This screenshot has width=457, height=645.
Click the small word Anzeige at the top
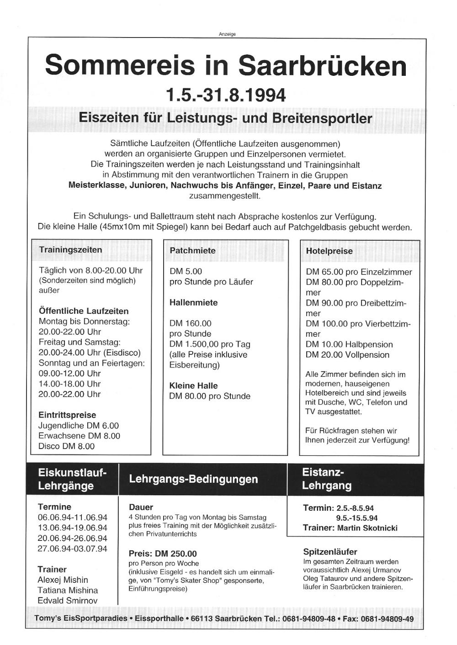(x=227, y=34)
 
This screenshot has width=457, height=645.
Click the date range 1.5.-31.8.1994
(x=226, y=95)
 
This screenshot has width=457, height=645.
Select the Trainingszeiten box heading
(x=70, y=250)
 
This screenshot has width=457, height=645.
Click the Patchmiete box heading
(x=192, y=251)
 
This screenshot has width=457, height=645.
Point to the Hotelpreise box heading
(x=329, y=251)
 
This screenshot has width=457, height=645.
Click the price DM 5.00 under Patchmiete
(x=186, y=271)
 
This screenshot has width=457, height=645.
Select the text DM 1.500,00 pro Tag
(x=210, y=344)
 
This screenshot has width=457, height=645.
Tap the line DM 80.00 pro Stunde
(x=210, y=396)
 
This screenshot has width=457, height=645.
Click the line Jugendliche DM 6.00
(x=79, y=426)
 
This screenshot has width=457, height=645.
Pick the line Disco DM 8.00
(x=67, y=446)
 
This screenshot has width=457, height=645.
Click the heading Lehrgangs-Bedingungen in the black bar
(x=193, y=479)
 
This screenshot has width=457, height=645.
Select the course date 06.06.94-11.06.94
(x=72, y=518)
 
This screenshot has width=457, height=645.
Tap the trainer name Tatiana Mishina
(x=68, y=590)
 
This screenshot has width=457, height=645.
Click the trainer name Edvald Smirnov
(x=68, y=601)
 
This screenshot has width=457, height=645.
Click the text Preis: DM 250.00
(x=163, y=554)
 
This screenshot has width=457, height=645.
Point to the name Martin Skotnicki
(x=367, y=528)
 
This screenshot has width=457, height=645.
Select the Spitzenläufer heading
(x=330, y=552)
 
